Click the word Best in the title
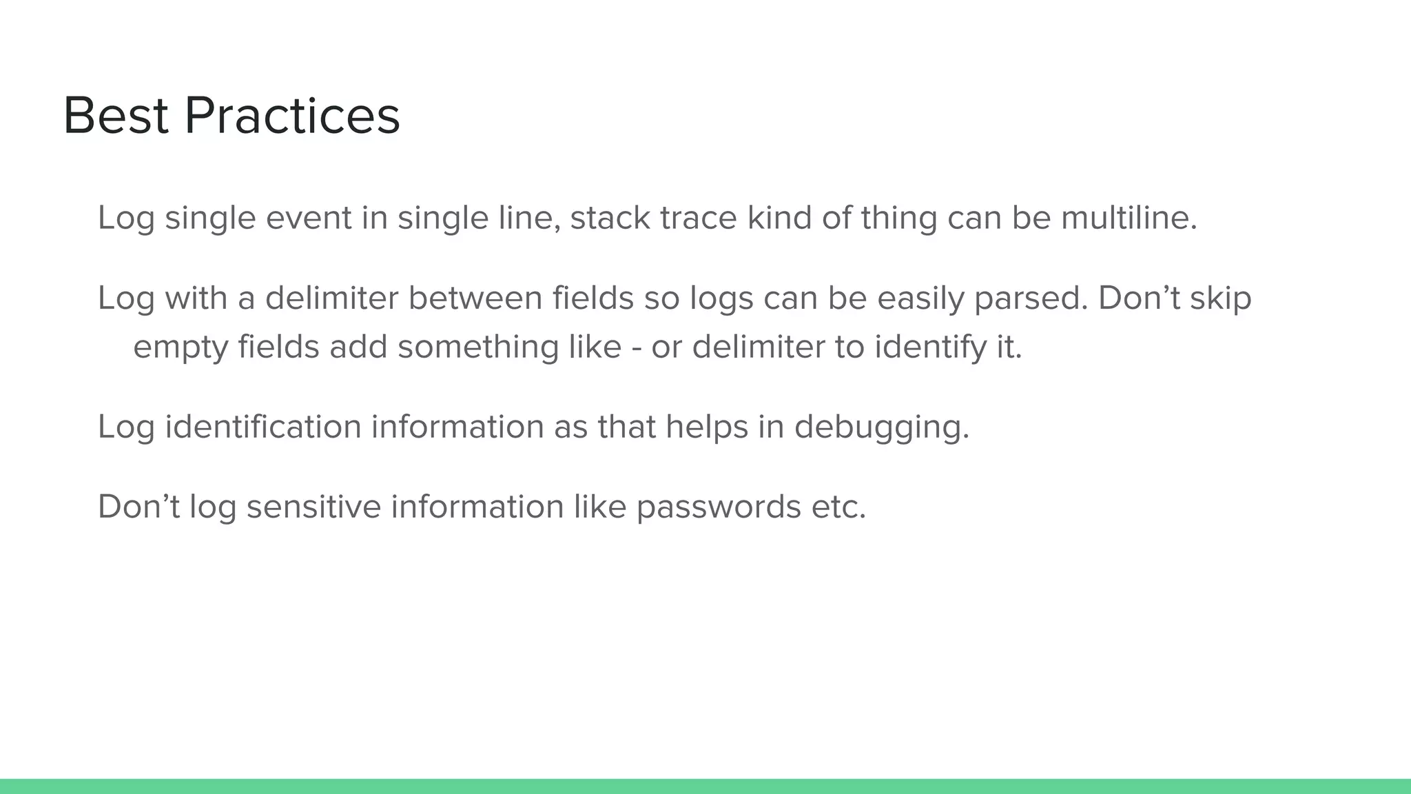(x=116, y=116)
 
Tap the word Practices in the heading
(x=292, y=116)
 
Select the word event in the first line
(x=309, y=218)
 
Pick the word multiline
(x=1129, y=218)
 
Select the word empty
(x=181, y=347)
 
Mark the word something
(x=478, y=347)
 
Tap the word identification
(x=262, y=427)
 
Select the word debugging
(x=881, y=427)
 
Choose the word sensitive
(x=313, y=507)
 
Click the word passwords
(x=718, y=507)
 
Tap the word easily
(x=920, y=298)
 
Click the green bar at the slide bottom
(x=705, y=786)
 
